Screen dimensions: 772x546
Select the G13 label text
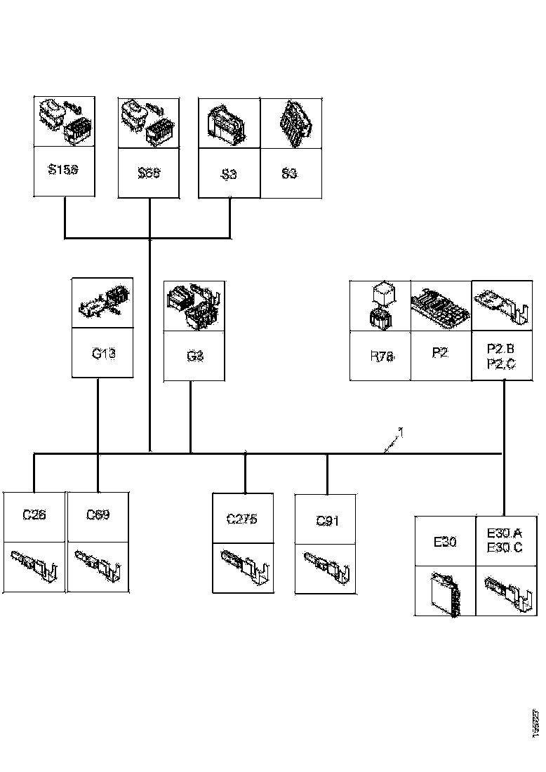coord(103,353)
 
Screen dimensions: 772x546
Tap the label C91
coord(326,521)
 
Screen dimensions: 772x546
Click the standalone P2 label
coord(440,352)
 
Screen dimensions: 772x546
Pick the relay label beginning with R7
coord(381,356)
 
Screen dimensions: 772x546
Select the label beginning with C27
coord(242,519)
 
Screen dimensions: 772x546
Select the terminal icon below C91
coord(326,567)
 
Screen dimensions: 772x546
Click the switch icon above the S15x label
coord(64,121)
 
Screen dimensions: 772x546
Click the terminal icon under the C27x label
coord(243,566)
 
